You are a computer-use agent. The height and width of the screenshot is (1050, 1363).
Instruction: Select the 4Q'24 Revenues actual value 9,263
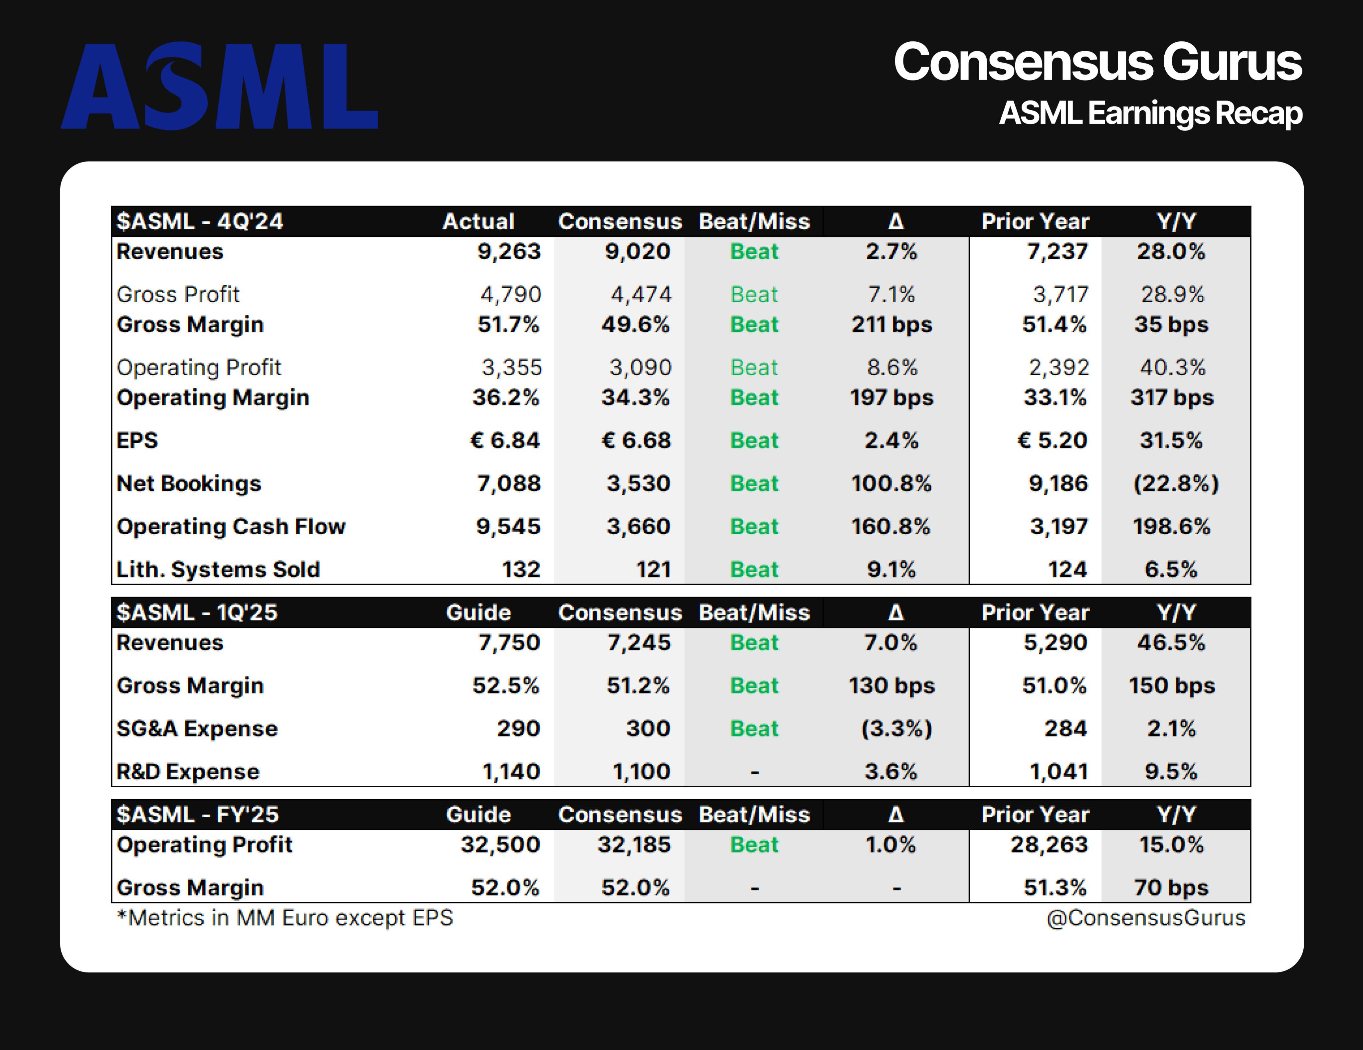coord(508,252)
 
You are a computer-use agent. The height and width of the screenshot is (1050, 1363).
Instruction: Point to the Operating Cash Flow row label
coord(231,527)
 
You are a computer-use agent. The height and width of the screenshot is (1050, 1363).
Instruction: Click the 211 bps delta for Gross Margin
coord(891,325)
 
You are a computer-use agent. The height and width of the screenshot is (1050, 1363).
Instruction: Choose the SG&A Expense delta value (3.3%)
coord(896,728)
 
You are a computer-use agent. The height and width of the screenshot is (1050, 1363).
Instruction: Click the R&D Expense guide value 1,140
coord(510,772)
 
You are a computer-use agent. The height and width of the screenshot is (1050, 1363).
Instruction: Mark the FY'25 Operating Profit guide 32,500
coord(500,845)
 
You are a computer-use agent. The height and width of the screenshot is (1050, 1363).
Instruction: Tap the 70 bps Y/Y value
coord(1171,888)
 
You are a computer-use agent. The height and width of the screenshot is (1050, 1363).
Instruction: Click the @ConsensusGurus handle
coord(1145,918)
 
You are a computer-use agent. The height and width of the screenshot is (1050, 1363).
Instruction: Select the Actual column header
coord(478,222)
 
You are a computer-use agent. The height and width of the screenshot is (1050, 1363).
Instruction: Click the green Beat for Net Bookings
coord(754,484)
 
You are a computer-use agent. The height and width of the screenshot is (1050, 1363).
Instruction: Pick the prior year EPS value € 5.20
coord(1052,441)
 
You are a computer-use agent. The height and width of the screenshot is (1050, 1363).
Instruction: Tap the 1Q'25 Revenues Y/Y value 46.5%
coord(1171,643)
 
